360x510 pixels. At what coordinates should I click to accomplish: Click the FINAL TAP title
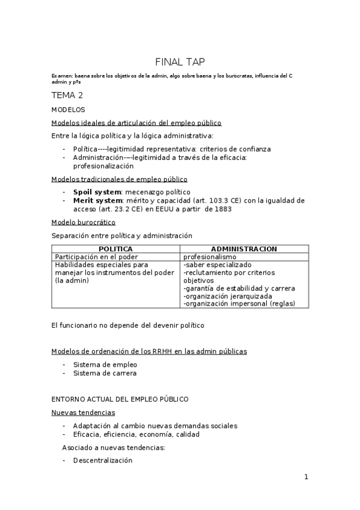point(180,61)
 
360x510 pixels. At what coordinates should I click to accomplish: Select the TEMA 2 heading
point(67,95)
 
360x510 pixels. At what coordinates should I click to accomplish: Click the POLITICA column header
point(116,249)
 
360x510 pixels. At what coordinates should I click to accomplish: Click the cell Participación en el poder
point(93,256)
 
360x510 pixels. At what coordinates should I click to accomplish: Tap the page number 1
point(306,477)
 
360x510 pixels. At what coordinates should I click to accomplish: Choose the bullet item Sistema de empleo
point(100,364)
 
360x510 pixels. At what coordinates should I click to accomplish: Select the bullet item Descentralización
point(102,460)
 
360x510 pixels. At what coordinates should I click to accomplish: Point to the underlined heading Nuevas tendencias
point(83,412)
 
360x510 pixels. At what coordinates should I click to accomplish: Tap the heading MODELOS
point(69,109)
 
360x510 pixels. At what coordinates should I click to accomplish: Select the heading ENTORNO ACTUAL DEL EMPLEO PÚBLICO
point(120,399)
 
